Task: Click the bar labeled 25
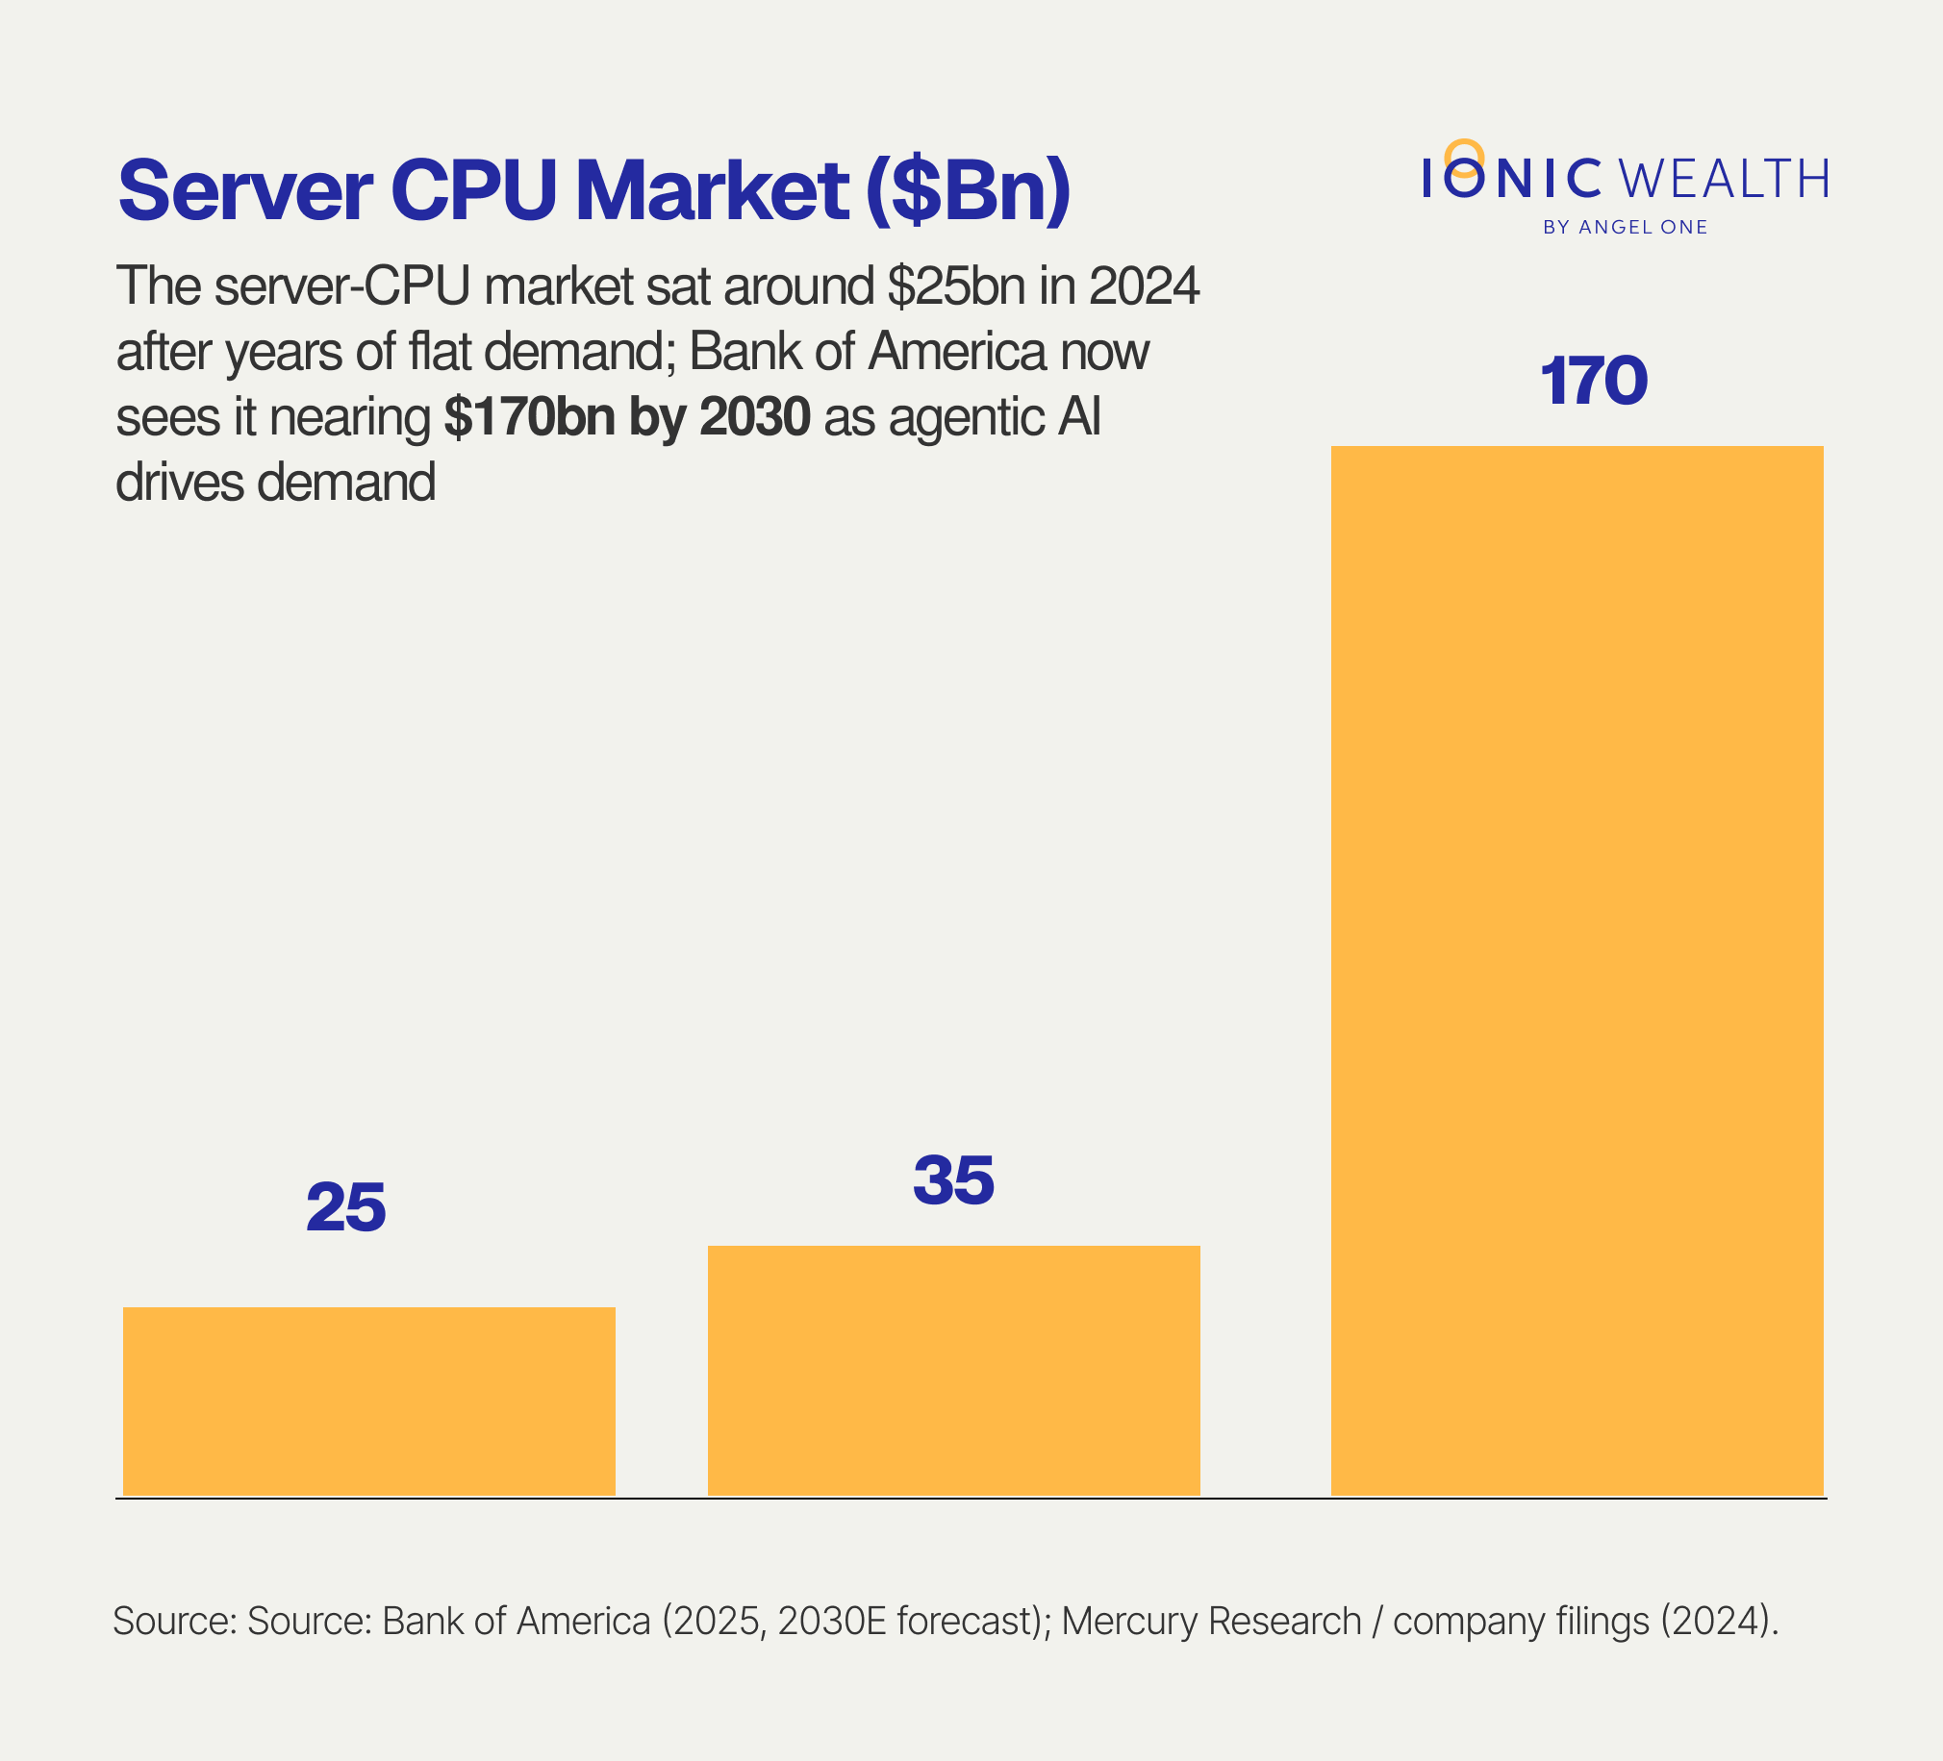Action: pos(369,1401)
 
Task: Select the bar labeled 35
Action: pos(953,1370)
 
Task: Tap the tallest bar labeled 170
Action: pos(1577,970)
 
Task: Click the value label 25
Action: pos(346,1208)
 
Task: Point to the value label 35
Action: pos(953,1180)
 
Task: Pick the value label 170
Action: pos(1594,382)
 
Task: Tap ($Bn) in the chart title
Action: pos(968,191)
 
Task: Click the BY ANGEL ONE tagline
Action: pos(1625,228)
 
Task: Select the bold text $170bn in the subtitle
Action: pos(529,417)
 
